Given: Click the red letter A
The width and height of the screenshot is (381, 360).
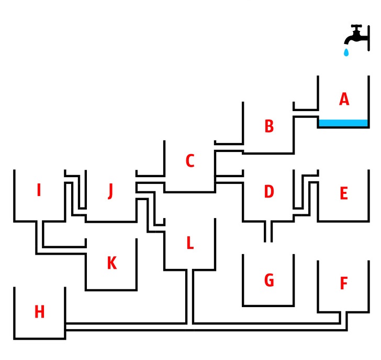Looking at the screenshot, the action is tap(344, 99).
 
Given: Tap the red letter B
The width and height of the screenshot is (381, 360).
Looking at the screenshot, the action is tap(269, 126).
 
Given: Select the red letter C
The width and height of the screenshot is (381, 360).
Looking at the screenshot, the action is tap(190, 160).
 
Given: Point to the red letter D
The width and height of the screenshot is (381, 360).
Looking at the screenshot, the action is tap(269, 191).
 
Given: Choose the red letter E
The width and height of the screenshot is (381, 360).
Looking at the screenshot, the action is tap(343, 193).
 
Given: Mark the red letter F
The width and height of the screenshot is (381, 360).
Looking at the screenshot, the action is tap(344, 283).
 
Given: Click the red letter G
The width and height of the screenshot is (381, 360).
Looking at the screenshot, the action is tap(269, 280).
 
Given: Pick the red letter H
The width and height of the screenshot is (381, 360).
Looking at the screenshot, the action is tap(39, 312).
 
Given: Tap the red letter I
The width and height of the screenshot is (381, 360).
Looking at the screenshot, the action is tap(39, 190).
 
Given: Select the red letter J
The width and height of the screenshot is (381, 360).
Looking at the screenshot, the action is tap(110, 191).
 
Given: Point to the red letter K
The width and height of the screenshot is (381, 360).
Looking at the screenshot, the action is tap(112, 263).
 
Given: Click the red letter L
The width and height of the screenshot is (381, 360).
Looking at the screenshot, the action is tap(190, 243).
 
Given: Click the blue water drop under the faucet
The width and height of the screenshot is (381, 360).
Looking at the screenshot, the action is tap(346, 52).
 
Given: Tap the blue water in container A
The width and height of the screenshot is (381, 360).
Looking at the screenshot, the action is tap(343, 123).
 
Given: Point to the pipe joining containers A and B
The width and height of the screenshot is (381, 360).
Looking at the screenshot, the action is tap(306, 113).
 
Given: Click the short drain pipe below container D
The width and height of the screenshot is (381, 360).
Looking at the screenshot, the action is tap(268, 231).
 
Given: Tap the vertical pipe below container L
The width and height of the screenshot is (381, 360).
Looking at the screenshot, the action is tap(190, 297).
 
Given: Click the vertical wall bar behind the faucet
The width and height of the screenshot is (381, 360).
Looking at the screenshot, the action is tap(368, 38).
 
